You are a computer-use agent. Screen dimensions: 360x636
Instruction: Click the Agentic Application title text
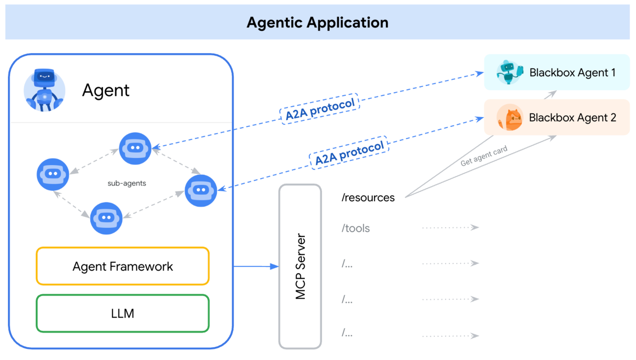(317, 23)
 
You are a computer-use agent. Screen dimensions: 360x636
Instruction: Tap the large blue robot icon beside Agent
(44, 90)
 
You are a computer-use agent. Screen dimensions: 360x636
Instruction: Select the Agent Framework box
(122, 266)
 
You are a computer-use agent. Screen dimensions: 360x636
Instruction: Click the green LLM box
(122, 314)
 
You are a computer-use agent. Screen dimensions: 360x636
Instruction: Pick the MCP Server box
(300, 266)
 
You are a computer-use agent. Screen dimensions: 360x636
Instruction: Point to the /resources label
(367, 198)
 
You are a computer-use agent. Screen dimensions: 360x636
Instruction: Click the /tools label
(355, 228)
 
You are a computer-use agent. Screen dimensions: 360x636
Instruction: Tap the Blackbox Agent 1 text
(572, 72)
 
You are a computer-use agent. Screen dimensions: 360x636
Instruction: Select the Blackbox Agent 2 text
(572, 117)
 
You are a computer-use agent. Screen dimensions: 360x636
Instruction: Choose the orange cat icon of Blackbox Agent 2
(509, 118)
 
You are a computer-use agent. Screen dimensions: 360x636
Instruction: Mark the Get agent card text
(484, 156)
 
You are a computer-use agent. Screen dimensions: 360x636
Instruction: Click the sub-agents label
(127, 183)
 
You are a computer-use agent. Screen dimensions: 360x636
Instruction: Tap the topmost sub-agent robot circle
(135, 148)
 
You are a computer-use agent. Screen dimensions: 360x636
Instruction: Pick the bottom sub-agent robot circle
(106, 218)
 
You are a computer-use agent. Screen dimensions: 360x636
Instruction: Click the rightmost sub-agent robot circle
(201, 190)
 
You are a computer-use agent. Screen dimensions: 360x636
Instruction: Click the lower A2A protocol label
(349, 152)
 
